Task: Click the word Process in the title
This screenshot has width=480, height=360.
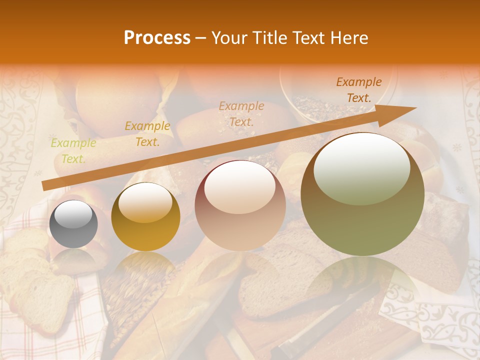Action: [157, 38]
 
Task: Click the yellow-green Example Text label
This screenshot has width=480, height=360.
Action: [73, 151]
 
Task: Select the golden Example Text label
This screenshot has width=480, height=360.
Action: [147, 134]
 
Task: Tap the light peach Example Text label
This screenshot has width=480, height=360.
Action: [241, 114]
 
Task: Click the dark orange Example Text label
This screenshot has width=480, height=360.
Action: [358, 90]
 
